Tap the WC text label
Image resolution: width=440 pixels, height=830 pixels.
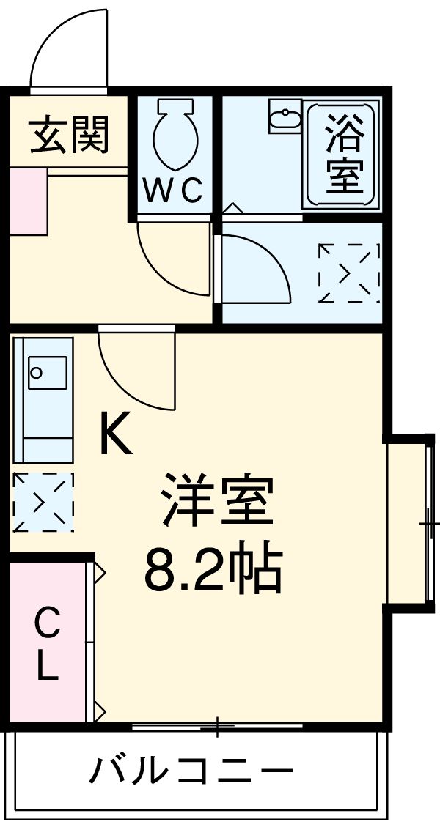[172, 192]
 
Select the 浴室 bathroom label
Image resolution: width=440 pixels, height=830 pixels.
[344, 155]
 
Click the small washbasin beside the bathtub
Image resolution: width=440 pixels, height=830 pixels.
[285, 119]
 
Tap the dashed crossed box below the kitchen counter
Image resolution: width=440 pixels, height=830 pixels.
[43, 503]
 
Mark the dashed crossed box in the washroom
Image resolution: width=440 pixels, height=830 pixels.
[349, 273]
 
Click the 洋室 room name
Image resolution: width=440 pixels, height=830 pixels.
[217, 501]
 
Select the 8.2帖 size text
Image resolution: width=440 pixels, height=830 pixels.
[213, 570]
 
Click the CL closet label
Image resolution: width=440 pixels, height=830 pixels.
[46, 645]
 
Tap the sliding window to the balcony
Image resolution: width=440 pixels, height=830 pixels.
[218, 726]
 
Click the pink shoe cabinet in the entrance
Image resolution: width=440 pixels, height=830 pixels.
[28, 201]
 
